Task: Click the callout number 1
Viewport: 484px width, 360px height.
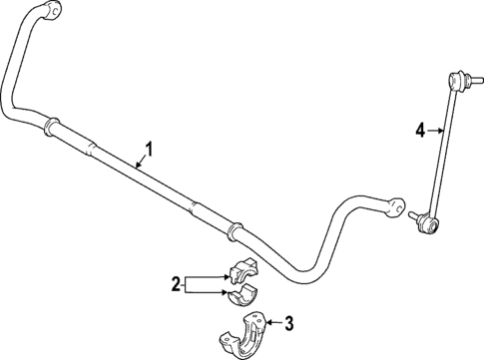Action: point(150,150)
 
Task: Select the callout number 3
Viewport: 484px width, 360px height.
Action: point(289,322)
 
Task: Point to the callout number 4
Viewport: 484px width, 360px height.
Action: point(420,128)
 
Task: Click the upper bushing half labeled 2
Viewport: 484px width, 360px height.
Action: point(242,271)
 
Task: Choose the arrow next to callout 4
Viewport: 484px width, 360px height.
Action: point(436,128)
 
